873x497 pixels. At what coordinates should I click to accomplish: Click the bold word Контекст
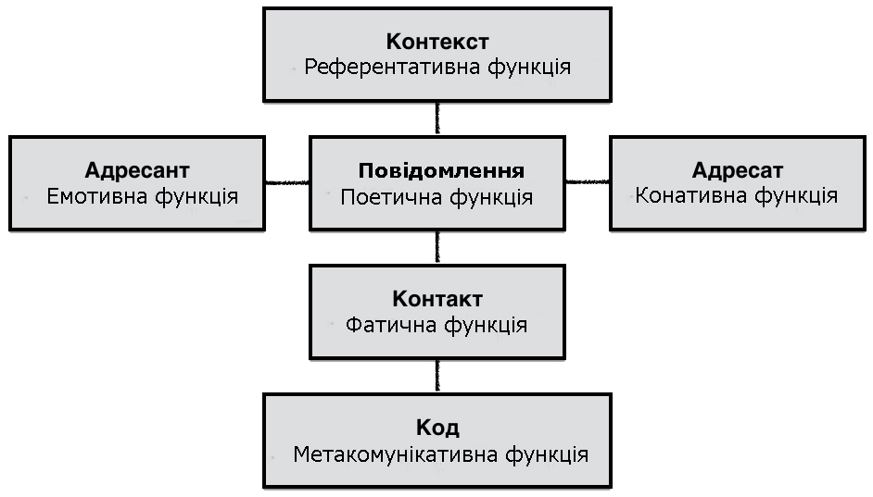tap(437, 42)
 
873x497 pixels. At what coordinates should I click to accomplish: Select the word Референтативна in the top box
tap(392, 68)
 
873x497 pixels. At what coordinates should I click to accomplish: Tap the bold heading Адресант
tap(137, 170)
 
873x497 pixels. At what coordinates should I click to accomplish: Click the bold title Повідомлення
tap(441, 170)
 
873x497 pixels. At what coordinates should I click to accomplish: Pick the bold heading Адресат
tap(738, 170)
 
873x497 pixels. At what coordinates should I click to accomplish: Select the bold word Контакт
tap(437, 299)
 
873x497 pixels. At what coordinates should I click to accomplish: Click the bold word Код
tap(437, 428)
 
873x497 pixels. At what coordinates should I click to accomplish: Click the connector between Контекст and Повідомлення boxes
tap(437, 118)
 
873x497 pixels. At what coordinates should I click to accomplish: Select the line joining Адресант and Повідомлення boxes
tap(286, 182)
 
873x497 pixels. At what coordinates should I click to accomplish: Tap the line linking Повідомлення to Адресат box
tap(588, 181)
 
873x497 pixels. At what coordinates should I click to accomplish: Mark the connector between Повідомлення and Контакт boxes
tap(437, 247)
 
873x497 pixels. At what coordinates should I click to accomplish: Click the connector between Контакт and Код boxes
tap(437, 377)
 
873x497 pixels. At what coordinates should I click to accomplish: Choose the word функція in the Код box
tap(547, 455)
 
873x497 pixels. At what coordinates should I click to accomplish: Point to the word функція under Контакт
tap(486, 326)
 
